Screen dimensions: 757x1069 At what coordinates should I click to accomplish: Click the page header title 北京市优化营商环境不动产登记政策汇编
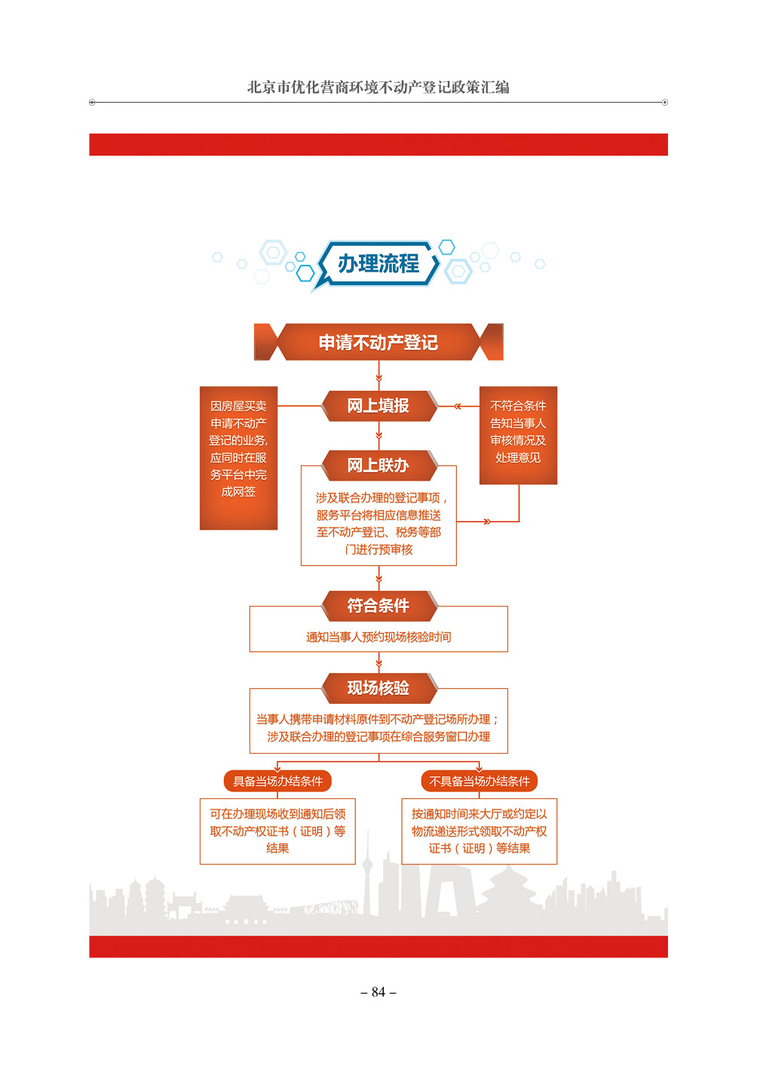pyautogui.click(x=378, y=88)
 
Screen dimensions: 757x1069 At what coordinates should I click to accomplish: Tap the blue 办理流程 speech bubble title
pyautogui.click(x=378, y=263)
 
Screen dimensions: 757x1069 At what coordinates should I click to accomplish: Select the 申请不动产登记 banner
pyautogui.click(x=378, y=343)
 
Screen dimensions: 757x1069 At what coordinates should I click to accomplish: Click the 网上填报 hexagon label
pyautogui.click(x=378, y=406)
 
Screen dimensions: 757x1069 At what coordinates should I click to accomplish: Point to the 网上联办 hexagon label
pyautogui.click(x=378, y=465)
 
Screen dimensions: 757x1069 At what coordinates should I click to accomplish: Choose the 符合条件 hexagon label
pyautogui.click(x=378, y=606)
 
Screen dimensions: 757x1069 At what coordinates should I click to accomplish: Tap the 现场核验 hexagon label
pyautogui.click(x=378, y=688)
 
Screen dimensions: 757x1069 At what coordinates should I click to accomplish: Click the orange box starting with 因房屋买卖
pyautogui.click(x=238, y=458)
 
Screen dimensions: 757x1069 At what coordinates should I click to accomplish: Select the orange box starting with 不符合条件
pyautogui.click(x=518, y=435)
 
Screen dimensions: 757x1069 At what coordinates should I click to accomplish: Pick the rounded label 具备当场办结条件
pyautogui.click(x=277, y=782)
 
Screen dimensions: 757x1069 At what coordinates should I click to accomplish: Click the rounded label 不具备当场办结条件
pyautogui.click(x=480, y=782)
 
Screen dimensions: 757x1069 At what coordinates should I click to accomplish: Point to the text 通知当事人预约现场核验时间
pyautogui.click(x=378, y=637)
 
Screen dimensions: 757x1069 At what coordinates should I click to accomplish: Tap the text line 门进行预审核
pyautogui.click(x=378, y=550)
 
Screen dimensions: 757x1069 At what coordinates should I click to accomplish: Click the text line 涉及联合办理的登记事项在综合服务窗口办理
pyautogui.click(x=378, y=737)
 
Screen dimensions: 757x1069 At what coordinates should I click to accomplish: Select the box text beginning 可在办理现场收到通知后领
pyautogui.click(x=277, y=831)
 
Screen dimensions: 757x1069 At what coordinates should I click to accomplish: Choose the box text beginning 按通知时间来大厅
pyautogui.click(x=480, y=831)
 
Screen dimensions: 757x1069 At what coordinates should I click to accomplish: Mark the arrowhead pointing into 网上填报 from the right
pyautogui.click(x=458, y=406)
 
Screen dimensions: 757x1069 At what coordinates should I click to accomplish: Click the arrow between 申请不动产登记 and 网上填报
pyautogui.click(x=378, y=376)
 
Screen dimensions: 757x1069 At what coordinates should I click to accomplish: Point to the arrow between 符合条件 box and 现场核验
pyautogui.click(x=378, y=662)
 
